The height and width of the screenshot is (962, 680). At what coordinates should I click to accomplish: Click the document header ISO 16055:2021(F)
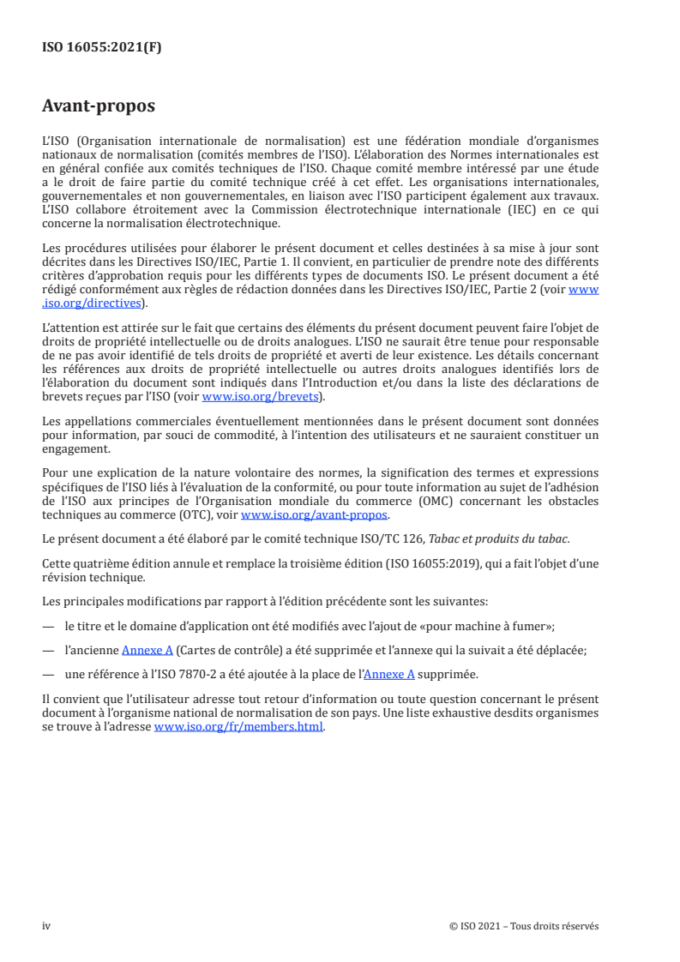click(x=102, y=48)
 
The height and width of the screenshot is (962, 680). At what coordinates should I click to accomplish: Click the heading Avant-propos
click(x=99, y=107)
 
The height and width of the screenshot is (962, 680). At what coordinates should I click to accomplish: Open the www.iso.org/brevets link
click(x=260, y=397)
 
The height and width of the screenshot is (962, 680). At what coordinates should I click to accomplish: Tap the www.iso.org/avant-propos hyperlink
click(x=315, y=514)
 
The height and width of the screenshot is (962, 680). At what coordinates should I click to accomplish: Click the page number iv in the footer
click(x=47, y=926)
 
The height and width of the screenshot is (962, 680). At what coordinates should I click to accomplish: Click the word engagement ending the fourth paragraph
click(x=75, y=448)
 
